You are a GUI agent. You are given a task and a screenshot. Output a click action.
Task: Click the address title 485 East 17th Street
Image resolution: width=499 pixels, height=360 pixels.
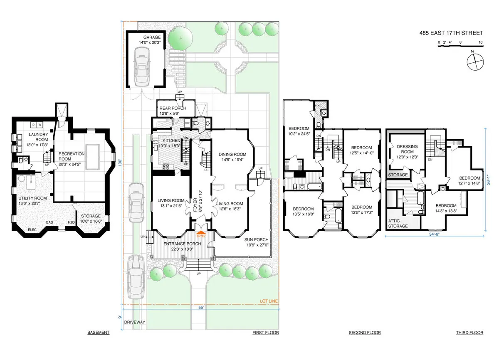click(x=451, y=33)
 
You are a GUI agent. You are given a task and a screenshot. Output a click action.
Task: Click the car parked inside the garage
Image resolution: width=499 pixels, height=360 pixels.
click(x=141, y=64)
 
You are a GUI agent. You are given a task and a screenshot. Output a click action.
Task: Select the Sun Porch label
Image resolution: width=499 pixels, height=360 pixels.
click(x=256, y=240)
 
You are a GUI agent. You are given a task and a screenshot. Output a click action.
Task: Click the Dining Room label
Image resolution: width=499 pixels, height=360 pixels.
click(x=232, y=155)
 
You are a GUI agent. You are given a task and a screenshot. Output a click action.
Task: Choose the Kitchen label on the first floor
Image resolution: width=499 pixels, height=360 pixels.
click(x=171, y=141)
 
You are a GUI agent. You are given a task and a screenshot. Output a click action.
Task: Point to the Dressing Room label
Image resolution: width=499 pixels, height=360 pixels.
click(x=408, y=149)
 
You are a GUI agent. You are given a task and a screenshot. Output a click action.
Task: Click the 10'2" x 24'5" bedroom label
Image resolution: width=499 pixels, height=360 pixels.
click(x=299, y=131)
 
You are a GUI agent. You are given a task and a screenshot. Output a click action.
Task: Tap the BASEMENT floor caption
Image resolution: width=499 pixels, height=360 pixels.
click(x=98, y=333)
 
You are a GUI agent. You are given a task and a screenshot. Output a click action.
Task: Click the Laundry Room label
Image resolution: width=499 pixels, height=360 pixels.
click(x=38, y=137)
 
